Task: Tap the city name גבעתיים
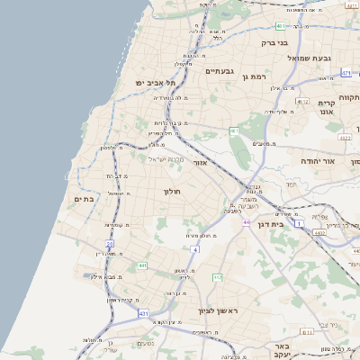pyautogui.click(x=220, y=70)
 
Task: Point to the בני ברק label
pyautogui.click(x=274, y=42)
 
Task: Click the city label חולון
pyautogui.click(x=173, y=192)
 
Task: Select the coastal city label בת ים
pyautogui.click(x=84, y=199)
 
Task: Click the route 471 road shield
pyautogui.click(x=346, y=72)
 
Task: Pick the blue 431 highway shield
pyautogui.click(x=143, y=313)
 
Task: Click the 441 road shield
pyautogui.click(x=142, y=266)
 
